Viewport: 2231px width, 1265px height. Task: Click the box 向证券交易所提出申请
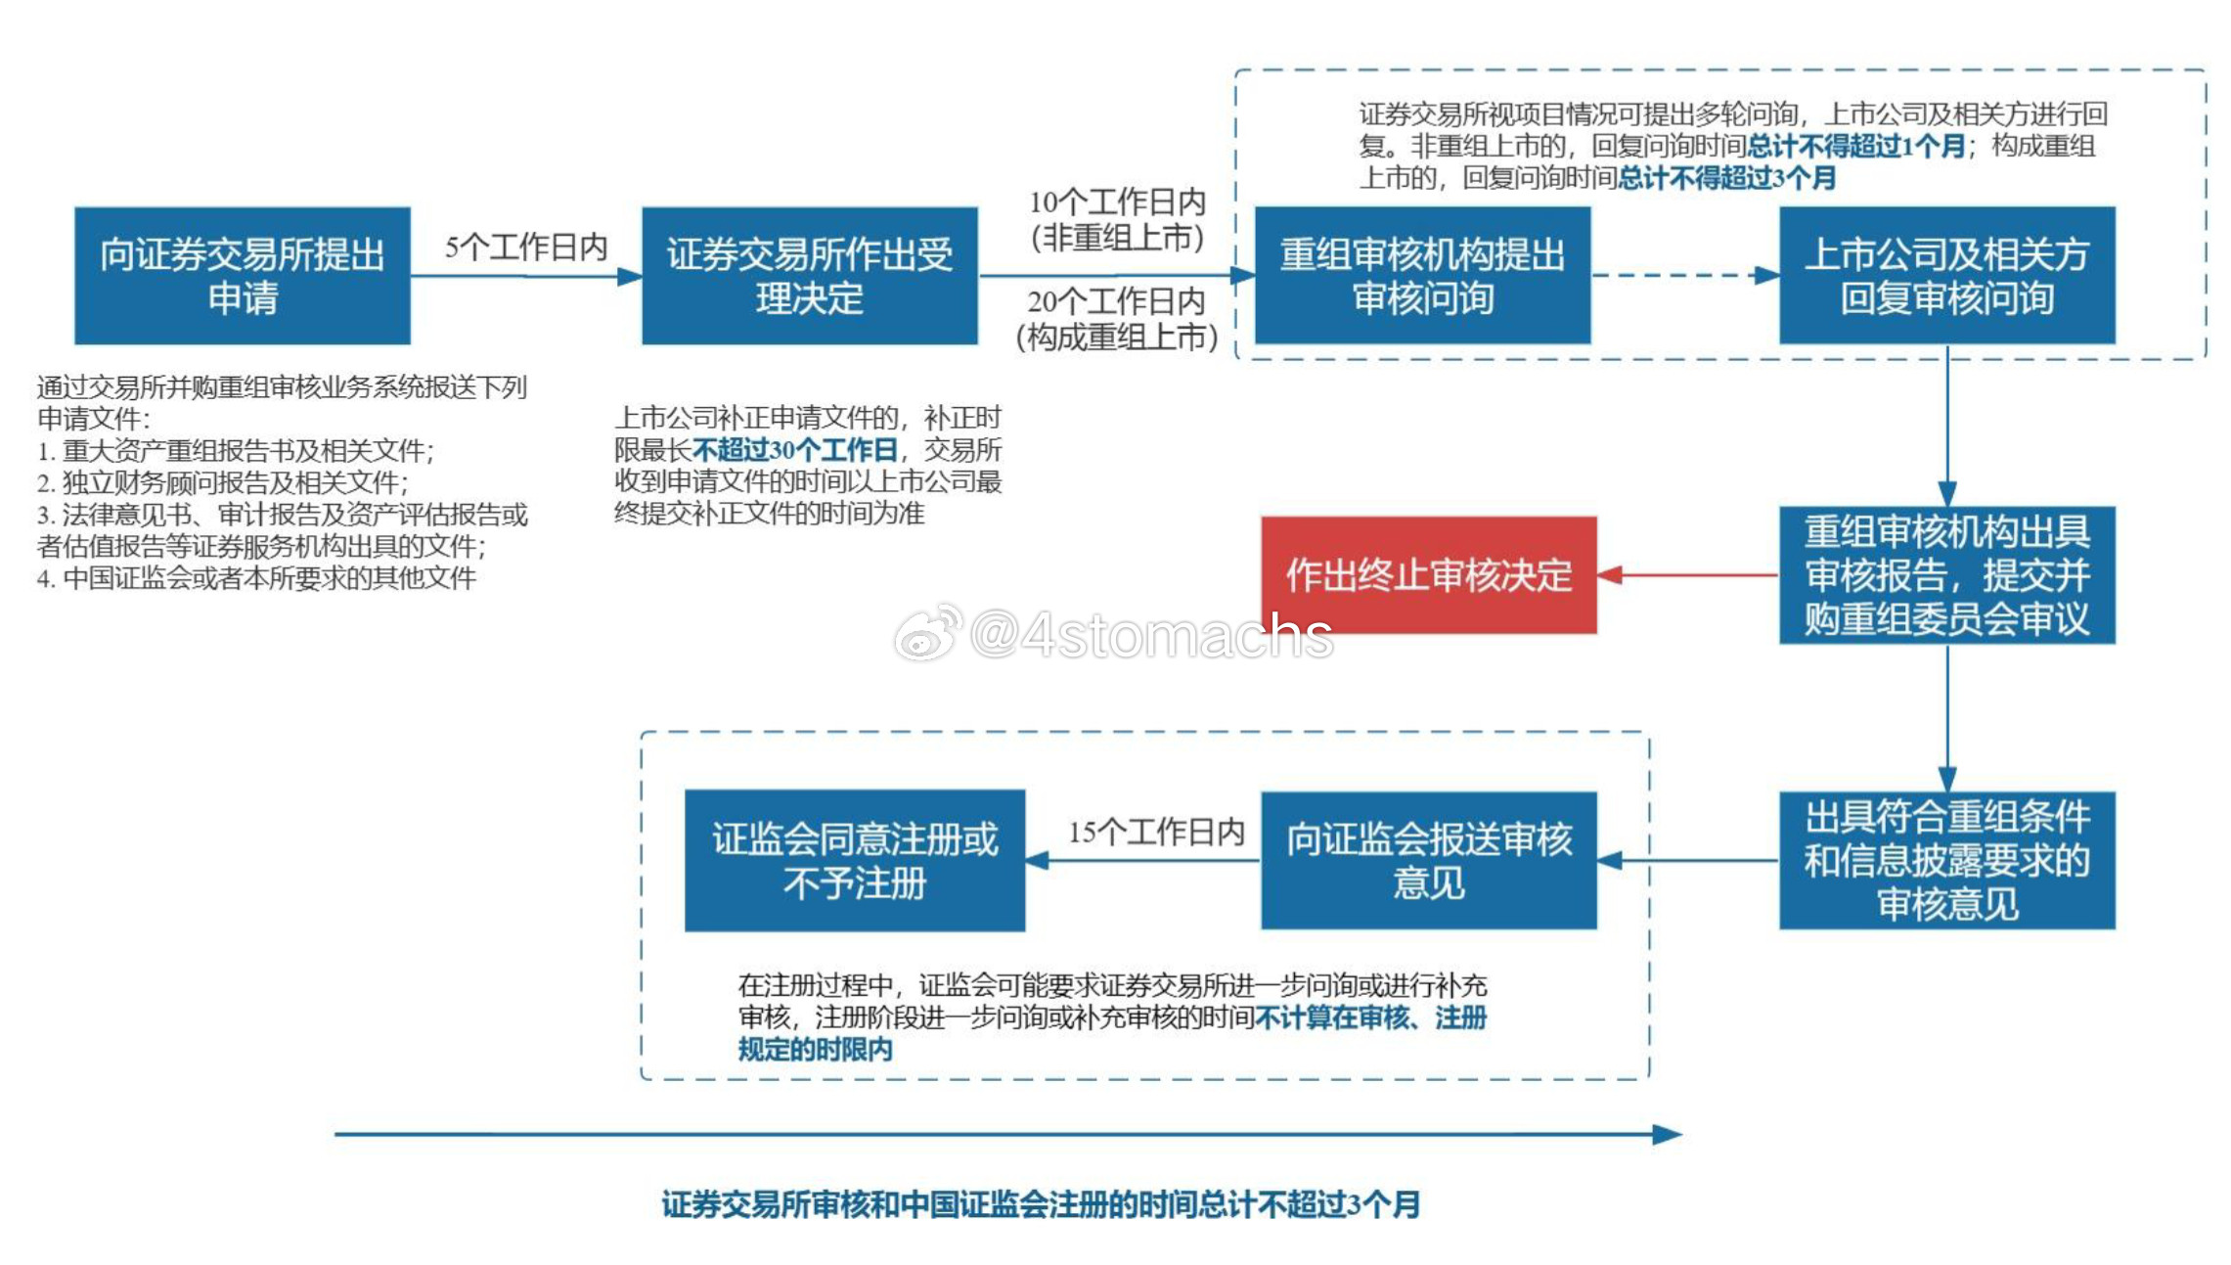[x=243, y=276]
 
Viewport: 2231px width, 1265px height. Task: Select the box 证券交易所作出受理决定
[x=810, y=276]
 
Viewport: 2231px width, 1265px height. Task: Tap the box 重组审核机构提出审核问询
[x=1423, y=276]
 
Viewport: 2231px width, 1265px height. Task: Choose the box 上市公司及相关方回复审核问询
[x=1947, y=276]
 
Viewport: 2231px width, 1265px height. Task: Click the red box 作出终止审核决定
[x=1429, y=575]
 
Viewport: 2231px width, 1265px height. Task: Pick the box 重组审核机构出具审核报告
[x=1947, y=575]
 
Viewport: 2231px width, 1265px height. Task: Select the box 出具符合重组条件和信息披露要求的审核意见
[x=1947, y=861]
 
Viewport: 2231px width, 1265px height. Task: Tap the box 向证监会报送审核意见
[x=1429, y=861]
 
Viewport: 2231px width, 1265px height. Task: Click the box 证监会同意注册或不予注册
[x=855, y=861]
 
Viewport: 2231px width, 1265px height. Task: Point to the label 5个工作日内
[x=526, y=247]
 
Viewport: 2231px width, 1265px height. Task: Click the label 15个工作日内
[x=1156, y=832]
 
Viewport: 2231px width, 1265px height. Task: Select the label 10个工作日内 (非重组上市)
[x=1117, y=220]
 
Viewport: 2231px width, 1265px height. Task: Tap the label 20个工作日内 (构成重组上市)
[x=1117, y=319]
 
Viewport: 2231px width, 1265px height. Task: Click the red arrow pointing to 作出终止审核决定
[x=1688, y=575]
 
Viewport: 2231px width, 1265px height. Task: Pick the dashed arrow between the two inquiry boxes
[x=1685, y=276]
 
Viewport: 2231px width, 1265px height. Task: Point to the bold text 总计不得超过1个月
[x=1856, y=147]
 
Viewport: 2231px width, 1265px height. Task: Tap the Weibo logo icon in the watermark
[x=927, y=634]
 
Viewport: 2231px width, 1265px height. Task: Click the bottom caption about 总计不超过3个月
[x=1041, y=1204]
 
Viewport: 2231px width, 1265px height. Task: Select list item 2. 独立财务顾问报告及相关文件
[x=223, y=482]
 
